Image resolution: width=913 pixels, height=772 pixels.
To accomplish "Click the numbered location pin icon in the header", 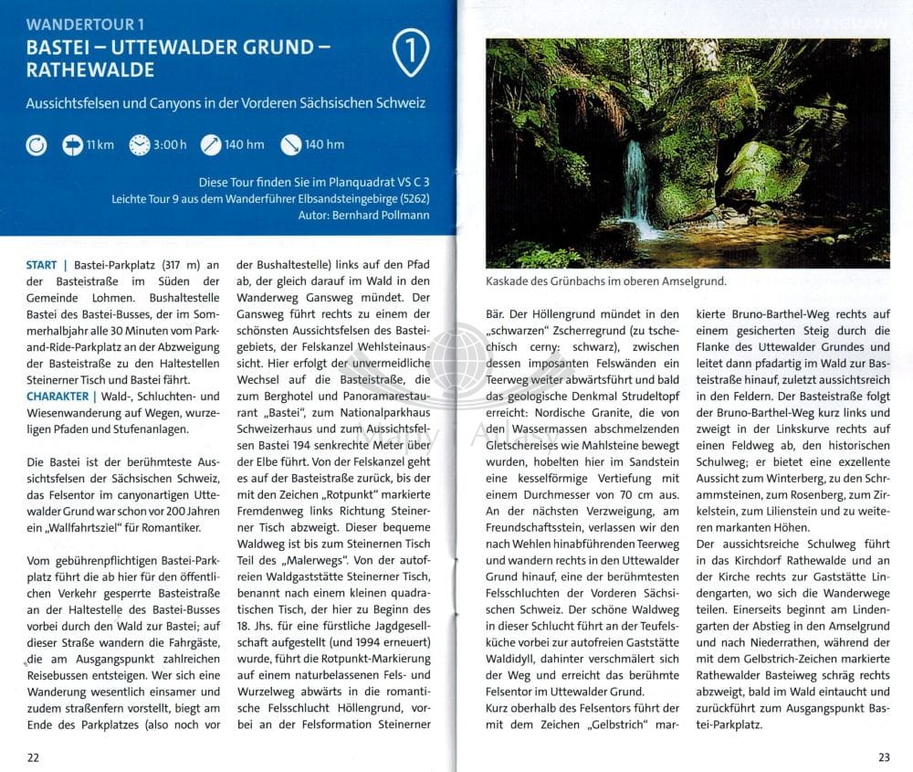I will pos(411,51).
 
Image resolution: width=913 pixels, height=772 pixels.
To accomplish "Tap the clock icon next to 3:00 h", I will pos(140,144).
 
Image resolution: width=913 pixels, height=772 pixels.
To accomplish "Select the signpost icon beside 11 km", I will pos(72,144).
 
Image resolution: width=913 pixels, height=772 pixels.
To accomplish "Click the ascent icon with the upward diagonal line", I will pos(211,144).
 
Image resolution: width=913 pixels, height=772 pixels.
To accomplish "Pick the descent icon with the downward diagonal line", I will pos(291,144).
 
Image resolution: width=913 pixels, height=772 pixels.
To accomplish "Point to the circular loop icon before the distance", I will pos(37,144).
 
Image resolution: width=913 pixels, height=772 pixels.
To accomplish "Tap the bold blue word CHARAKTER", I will pos(57,396).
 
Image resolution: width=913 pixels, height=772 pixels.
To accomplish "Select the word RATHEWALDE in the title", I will pos(90,69).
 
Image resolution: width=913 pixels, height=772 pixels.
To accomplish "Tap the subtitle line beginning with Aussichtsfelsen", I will pos(226,103).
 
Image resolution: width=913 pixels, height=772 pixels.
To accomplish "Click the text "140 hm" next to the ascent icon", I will pos(244,144).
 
